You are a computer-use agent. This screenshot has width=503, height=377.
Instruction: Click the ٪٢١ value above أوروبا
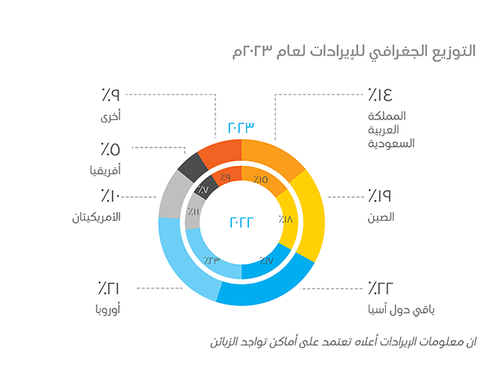pyautogui.click(x=111, y=287)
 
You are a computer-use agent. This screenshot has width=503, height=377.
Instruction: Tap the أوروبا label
pyautogui.click(x=105, y=309)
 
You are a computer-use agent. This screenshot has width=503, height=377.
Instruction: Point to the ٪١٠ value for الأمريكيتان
pyautogui.click(x=111, y=196)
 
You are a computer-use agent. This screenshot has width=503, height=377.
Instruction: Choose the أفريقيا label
pyautogui.click(x=105, y=168)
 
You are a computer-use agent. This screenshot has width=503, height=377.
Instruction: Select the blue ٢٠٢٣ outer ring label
pyautogui.click(x=242, y=127)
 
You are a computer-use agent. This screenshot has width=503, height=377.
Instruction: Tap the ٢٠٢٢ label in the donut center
pyautogui.click(x=242, y=222)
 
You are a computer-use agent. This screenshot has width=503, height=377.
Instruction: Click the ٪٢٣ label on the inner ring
pyautogui.click(x=211, y=259)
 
